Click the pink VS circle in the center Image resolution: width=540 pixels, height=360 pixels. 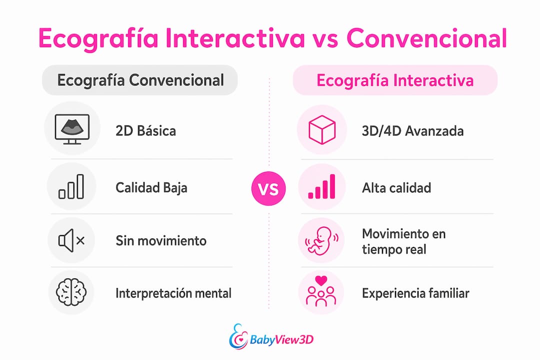click(x=268, y=188)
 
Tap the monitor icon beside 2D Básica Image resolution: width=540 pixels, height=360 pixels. click(x=72, y=129)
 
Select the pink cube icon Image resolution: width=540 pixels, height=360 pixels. click(x=322, y=129)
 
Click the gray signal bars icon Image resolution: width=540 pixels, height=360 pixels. click(x=71, y=186)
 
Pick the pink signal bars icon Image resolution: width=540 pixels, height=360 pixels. click(x=321, y=186)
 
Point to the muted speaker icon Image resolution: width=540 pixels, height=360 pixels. click(x=71, y=240)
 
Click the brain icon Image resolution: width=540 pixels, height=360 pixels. click(x=71, y=292)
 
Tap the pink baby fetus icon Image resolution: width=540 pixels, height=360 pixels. click(x=321, y=240)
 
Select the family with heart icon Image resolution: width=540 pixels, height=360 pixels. click(x=321, y=291)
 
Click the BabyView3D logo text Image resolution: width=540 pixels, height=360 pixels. click(x=281, y=339)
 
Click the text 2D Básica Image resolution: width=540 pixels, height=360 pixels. click(x=145, y=131)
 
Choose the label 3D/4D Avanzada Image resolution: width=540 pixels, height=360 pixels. click(x=412, y=131)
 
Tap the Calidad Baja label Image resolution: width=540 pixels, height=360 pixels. click(x=151, y=188)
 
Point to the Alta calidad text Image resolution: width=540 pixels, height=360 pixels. click(x=396, y=188)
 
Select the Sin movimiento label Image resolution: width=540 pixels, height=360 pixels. click(x=161, y=240)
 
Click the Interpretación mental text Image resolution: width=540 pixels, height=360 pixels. click(x=173, y=293)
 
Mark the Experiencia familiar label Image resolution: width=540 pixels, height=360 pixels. click(x=415, y=293)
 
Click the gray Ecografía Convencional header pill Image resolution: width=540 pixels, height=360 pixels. click(x=140, y=80)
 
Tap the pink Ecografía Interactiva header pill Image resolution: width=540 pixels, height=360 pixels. click(x=395, y=80)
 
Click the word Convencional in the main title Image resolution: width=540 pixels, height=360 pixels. click(x=426, y=38)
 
